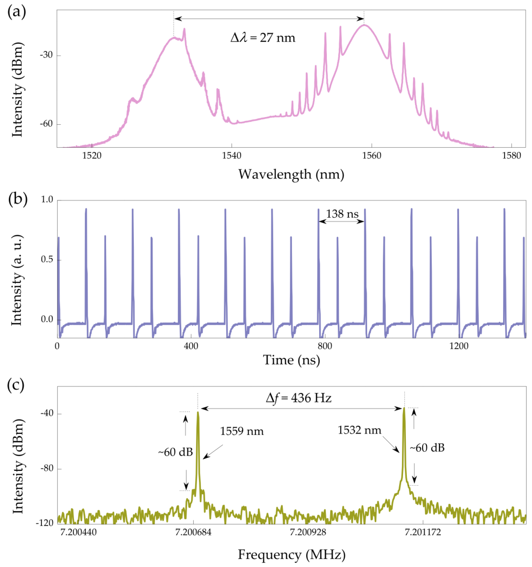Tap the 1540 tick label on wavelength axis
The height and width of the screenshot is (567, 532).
(231, 156)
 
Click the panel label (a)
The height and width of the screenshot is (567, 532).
(17, 13)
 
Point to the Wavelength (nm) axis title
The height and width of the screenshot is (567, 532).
(291, 174)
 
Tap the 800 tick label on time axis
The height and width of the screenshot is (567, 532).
(325, 346)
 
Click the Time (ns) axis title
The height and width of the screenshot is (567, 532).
(291, 360)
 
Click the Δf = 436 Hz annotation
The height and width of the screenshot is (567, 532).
(298, 398)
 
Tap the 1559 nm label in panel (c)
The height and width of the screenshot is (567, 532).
(242, 431)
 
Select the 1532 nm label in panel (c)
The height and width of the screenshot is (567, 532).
(359, 430)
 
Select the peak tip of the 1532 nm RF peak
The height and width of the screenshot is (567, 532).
(404, 408)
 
